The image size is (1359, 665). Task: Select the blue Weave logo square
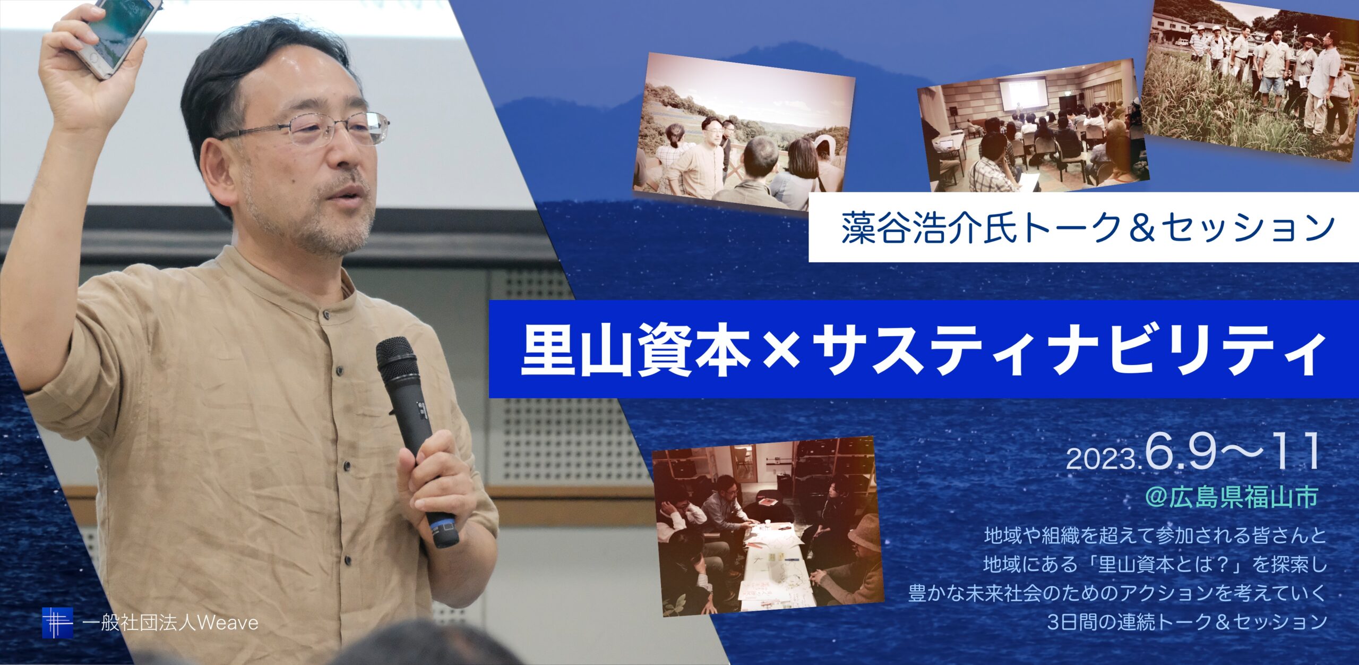click(57, 623)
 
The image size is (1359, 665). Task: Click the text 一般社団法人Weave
click(171, 623)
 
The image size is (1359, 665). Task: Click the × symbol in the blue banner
click(780, 351)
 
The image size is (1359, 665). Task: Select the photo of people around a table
click(768, 526)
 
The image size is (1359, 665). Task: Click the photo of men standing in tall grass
click(1250, 77)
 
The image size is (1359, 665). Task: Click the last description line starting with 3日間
click(1186, 622)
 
